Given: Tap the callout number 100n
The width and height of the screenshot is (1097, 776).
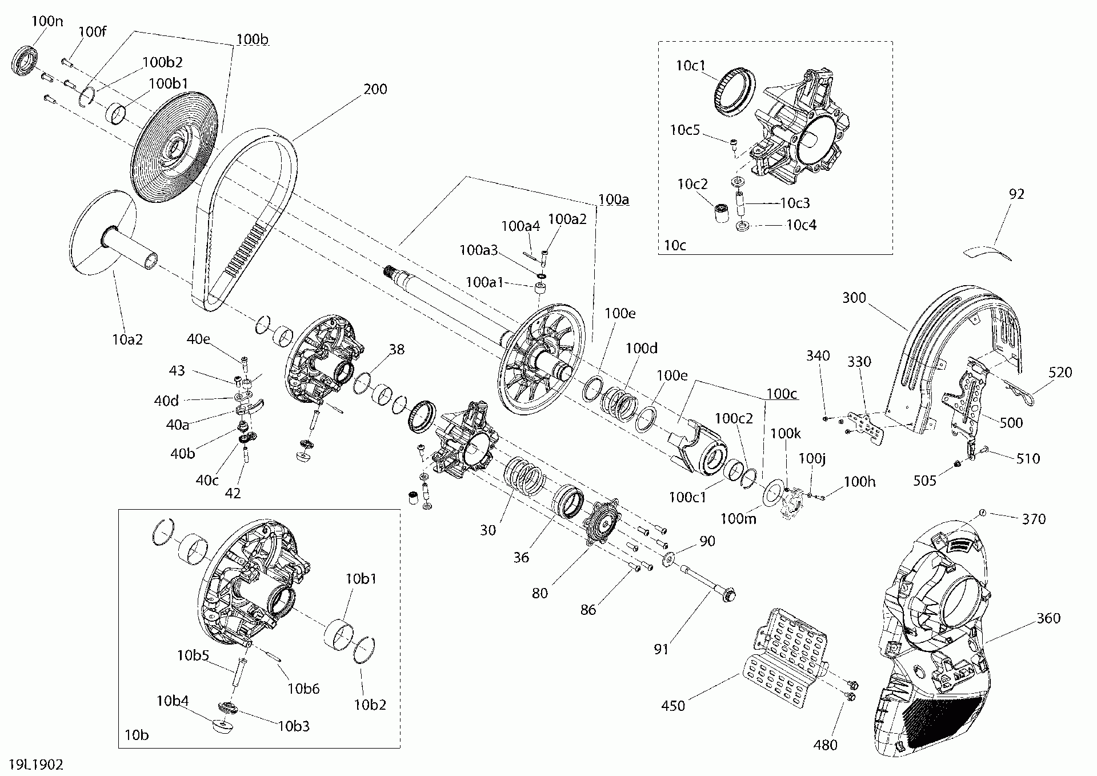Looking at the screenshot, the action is [47, 21].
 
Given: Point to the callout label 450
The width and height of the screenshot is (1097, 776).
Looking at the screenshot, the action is [672, 706].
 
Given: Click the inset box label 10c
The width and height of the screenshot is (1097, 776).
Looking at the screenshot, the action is [674, 245].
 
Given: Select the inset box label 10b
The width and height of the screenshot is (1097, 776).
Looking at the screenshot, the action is [136, 734].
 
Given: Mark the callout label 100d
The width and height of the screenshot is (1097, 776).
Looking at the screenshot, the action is [641, 348].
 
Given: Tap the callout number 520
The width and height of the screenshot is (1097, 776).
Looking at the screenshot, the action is [1060, 373].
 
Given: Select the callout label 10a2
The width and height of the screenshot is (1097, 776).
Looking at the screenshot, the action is [127, 339].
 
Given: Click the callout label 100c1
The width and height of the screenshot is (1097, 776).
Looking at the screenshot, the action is [687, 497].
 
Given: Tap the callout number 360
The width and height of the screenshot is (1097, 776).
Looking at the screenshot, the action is [1048, 618].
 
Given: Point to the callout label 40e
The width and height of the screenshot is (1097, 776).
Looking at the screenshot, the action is [198, 339].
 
